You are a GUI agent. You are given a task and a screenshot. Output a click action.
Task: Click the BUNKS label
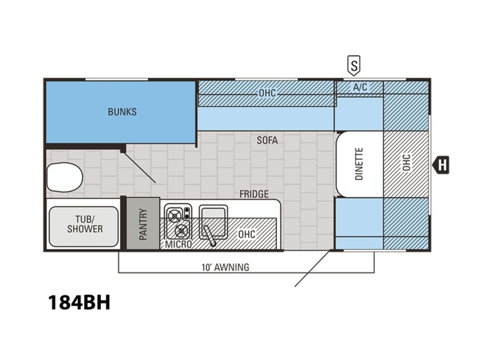[122, 112]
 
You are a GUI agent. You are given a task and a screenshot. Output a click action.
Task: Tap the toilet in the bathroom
[65, 177]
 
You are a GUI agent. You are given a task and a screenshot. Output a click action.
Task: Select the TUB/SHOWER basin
[84, 226]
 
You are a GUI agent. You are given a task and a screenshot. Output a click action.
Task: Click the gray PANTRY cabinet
[143, 223]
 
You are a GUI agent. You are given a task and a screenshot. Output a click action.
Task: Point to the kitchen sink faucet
[210, 236]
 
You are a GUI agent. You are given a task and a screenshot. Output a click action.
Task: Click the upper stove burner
[174, 216]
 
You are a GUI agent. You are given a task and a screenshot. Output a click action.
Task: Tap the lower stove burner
[182, 230]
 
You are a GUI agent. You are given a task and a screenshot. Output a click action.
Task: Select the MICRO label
[178, 244]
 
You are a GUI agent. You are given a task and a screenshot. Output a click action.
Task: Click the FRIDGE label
[254, 194]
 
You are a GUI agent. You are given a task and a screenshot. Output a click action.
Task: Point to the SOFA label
[267, 140]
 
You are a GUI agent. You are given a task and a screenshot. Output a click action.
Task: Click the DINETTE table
[360, 164]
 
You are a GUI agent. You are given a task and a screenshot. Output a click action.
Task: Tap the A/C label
[360, 87]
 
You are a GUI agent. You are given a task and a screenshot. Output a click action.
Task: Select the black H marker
[441, 165]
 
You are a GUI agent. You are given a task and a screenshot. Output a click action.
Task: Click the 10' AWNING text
[226, 267]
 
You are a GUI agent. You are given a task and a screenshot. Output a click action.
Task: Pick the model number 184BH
[79, 303]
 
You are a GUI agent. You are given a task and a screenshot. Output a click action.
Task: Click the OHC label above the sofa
[267, 93]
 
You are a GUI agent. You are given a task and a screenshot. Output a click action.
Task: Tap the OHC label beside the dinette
[406, 162]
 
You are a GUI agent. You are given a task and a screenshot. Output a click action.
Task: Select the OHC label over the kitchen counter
[247, 234]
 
